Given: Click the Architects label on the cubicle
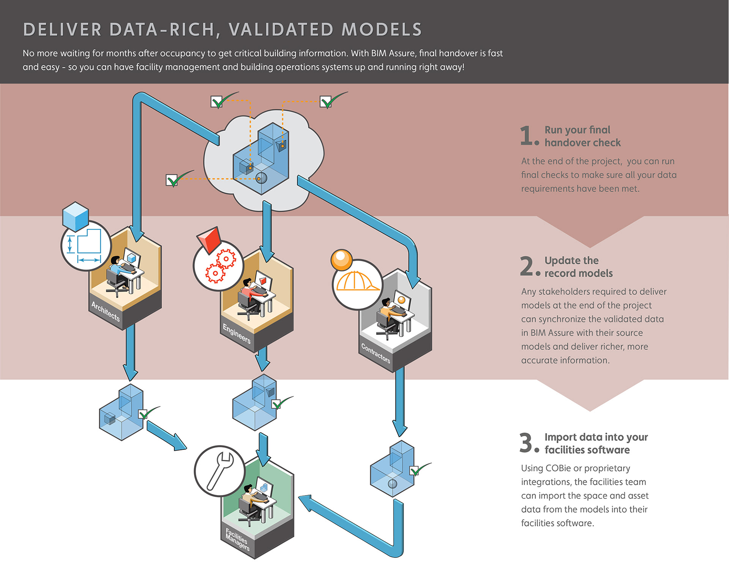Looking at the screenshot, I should tap(106, 311).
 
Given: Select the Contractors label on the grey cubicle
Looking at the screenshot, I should tap(376, 353).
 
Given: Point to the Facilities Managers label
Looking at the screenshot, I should tap(237, 539).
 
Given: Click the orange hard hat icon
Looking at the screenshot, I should tap(357, 282).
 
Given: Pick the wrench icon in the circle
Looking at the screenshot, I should tap(219, 471).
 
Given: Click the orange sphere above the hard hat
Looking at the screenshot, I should tap(341, 260).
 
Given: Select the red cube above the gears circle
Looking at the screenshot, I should tap(210, 239).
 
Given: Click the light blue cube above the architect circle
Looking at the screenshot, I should tap(76, 216).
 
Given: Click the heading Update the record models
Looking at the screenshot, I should tap(578, 267).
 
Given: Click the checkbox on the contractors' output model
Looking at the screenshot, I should tap(414, 471).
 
